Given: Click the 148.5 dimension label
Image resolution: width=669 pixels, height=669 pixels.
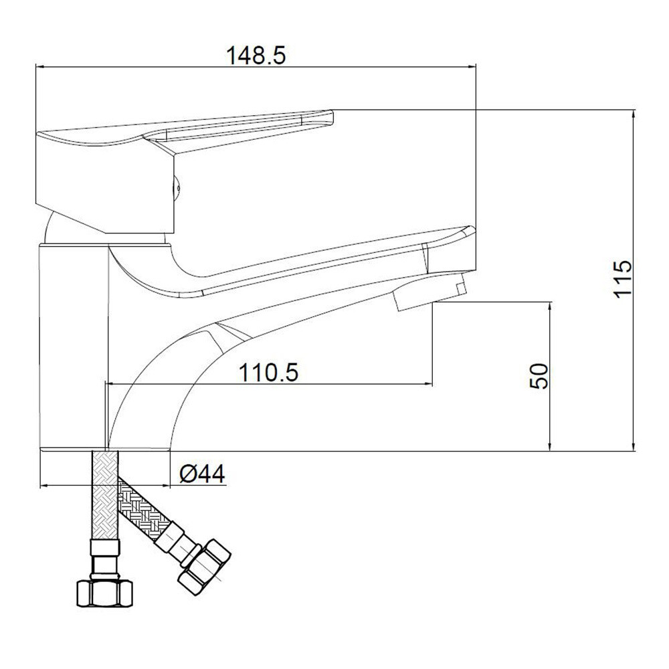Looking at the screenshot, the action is [x=256, y=56].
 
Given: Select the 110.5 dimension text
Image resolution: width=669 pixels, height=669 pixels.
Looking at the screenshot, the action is [x=269, y=373].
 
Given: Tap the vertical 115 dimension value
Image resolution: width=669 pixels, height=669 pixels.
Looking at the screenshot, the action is [x=623, y=278].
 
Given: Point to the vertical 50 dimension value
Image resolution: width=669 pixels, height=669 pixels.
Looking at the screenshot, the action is [x=539, y=375].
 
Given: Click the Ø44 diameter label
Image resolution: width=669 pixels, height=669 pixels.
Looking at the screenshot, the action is [x=202, y=474].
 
